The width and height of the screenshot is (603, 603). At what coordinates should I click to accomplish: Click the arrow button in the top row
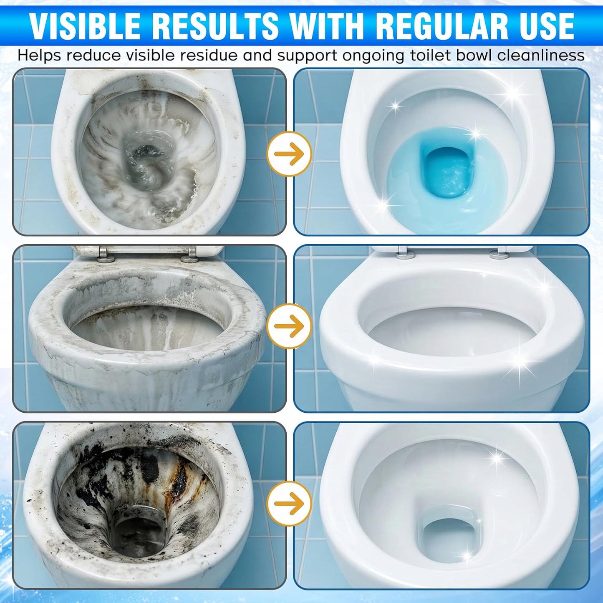tap(289, 154)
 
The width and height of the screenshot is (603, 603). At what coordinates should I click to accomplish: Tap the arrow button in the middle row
tap(289, 326)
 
